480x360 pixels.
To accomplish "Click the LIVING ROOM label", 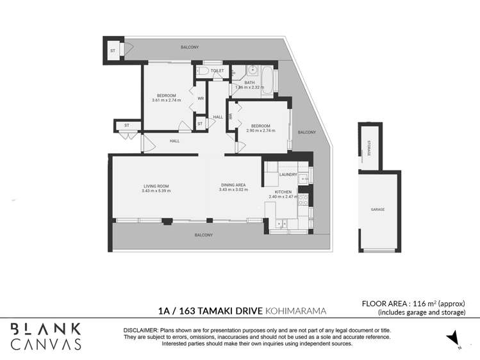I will [156, 186].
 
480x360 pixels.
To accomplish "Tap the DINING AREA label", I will [233, 185].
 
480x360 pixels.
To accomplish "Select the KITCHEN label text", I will [283, 192].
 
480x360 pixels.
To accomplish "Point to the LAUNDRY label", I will [287, 174].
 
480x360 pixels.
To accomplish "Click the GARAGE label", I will [378, 209].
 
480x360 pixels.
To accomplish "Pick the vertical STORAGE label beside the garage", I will [368, 148].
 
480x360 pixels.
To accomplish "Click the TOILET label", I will [217, 70].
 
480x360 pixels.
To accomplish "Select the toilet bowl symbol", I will [203, 72].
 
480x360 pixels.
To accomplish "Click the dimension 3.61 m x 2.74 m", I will [166, 100].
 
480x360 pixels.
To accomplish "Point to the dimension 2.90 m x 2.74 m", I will [260, 130].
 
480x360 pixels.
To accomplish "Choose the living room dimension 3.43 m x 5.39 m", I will [156, 190].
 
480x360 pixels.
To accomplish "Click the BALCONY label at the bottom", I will [203, 235].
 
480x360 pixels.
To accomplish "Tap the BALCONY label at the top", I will [189, 47].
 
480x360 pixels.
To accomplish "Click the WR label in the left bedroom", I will [201, 99].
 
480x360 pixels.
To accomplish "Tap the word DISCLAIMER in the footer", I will [142, 329].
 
